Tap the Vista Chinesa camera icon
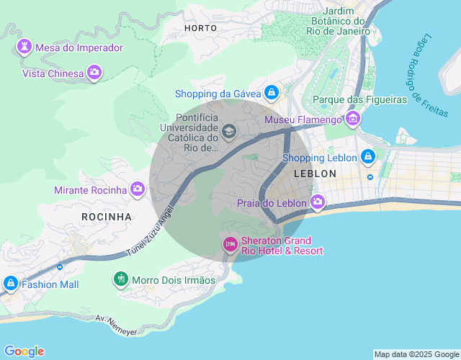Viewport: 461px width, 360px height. tap(94, 72)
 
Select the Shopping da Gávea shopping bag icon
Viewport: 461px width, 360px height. tap(271, 93)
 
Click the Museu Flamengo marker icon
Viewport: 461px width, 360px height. tap(352, 119)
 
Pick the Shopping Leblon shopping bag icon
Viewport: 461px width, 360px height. tap(368, 157)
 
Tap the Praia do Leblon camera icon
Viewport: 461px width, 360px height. tap(317, 203)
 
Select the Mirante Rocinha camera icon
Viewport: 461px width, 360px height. tap(137, 190)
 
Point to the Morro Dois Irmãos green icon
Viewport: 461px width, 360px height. tap(121, 279)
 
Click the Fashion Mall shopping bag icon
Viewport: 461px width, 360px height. tap(11, 284)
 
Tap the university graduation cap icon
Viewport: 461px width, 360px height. tap(229, 132)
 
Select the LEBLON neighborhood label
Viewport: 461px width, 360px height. tap(315, 174)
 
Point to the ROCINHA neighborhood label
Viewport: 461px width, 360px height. tap(107, 216)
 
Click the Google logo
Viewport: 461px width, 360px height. tap(24, 351)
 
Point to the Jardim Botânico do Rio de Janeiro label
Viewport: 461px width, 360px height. tap(338, 21)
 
